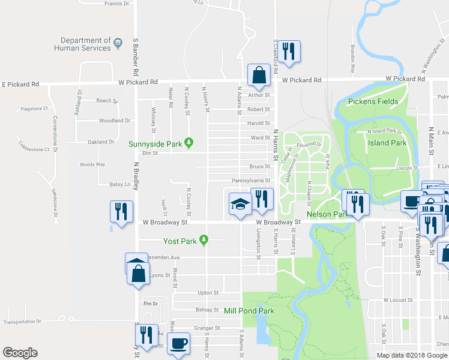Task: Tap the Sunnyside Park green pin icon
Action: tap(189, 143)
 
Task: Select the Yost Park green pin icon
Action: tap(204, 241)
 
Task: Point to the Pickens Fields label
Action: tap(372, 101)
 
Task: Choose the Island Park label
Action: tap(387, 143)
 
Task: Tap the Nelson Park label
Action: tap(328, 214)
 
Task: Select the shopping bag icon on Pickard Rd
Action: tap(259, 76)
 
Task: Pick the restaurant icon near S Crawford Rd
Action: tap(290, 52)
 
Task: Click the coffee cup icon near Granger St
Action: tap(179, 344)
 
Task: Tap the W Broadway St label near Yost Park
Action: tap(165, 222)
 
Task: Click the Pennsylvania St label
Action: tap(251, 180)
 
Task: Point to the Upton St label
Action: tap(208, 292)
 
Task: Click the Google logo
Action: tap(20, 353)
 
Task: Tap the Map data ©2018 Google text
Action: tap(412, 355)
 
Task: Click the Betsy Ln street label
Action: tap(119, 184)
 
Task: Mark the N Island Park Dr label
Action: tap(384, 130)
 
